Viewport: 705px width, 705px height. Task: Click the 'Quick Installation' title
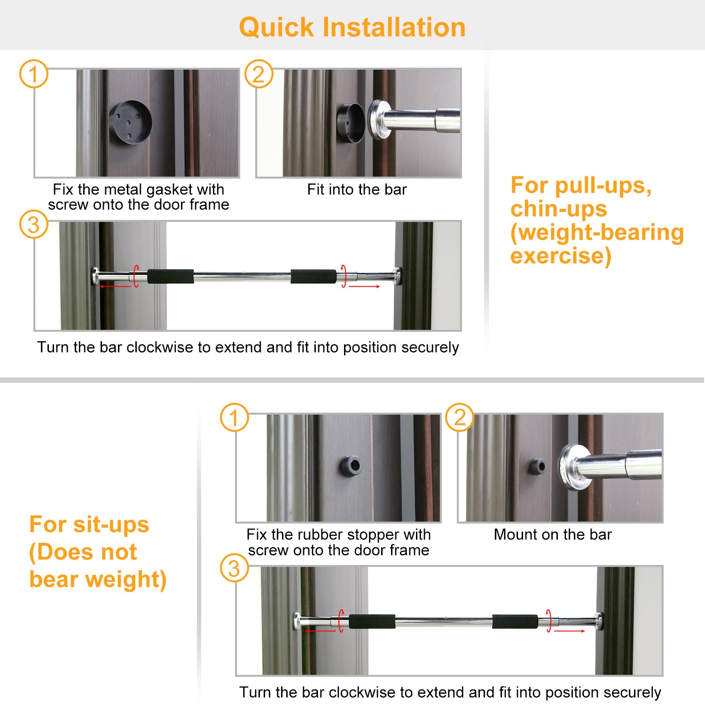pos(352,27)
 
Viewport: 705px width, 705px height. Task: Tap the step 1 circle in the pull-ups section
pos(33,74)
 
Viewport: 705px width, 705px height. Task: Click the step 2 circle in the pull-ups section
pos(259,74)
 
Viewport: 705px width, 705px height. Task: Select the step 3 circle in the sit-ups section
pos(234,569)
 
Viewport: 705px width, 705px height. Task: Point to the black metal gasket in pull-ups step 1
pos(130,122)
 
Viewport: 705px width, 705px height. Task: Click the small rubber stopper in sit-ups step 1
pos(351,466)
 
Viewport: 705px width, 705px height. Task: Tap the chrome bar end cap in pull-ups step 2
pos(378,119)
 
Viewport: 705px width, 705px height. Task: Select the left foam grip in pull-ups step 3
pos(171,276)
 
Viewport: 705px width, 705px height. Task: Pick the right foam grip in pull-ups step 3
pos(313,276)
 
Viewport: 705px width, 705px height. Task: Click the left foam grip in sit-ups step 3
pos(372,621)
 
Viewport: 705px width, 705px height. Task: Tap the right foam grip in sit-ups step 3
pos(515,621)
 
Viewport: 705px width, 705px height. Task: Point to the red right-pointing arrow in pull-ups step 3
pos(364,286)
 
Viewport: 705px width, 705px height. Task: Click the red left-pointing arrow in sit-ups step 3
pos(321,631)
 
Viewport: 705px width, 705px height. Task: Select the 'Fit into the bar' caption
pos(357,189)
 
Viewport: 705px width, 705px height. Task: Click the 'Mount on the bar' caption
pos(553,534)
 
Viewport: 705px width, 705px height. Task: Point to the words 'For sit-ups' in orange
pos(89,525)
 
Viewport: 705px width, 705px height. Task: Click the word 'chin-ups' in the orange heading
pos(559,209)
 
